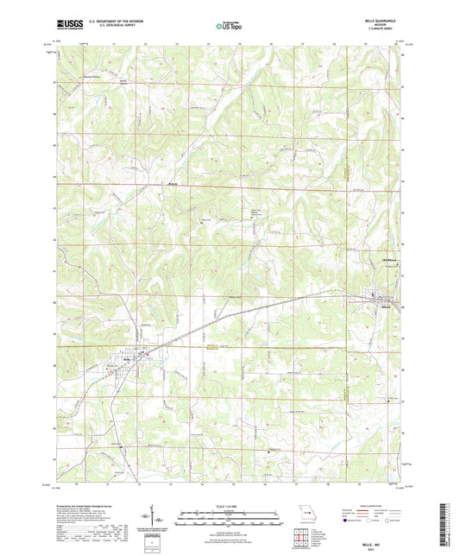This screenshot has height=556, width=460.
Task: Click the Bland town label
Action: point(386,306)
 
